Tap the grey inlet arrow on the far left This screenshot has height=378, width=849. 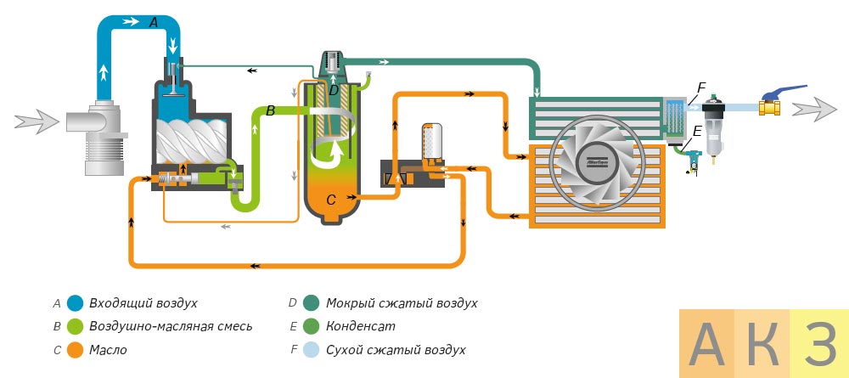(x=39, y=121)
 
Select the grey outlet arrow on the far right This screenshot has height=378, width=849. (x=813, y=109)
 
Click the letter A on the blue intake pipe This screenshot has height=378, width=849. (x=153, y=24)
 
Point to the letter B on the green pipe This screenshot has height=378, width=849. (x=270, y=110)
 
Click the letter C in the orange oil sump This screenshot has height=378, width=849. (x=331, y=200)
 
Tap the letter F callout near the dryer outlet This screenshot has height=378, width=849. (x=701, y=87)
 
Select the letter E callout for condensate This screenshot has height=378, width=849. (x=696, y=132)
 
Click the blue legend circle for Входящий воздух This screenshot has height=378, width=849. (x=75, y=302)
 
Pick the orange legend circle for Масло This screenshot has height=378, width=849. (x=75, y=349)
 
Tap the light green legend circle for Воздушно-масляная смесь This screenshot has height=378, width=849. (x=75, y=326)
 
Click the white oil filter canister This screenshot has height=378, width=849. (x=432, y=140)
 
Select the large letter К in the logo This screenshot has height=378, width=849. (x=762, y=344)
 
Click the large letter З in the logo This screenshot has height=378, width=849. (x=819, y=344)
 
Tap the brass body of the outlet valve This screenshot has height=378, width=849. (x=770, y=108)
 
